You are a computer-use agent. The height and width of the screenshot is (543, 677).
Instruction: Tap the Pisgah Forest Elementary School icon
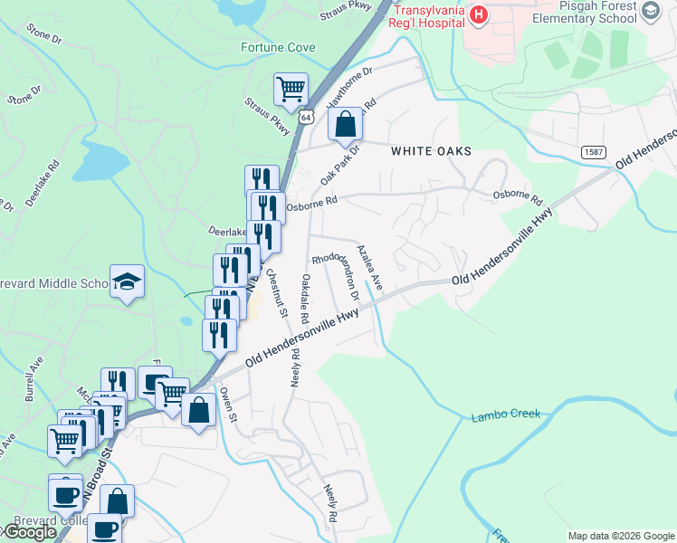[650, 11]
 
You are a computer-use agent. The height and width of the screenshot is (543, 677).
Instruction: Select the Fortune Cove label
[278, 47]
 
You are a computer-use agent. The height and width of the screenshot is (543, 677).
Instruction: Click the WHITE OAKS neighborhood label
[431, 151]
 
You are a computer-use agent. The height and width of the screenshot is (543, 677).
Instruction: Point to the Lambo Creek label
[505, 415]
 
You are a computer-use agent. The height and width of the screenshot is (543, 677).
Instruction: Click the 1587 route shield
[594, 152]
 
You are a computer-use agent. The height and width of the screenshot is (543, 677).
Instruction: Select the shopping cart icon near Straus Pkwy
[291, 90]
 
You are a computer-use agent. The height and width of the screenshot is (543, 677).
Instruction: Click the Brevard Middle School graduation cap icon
[127, 281]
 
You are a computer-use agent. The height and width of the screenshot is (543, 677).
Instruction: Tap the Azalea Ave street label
[370, 268]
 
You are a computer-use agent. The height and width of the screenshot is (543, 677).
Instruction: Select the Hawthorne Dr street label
[350, 84]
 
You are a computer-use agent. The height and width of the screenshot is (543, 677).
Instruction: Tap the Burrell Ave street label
[34, 378]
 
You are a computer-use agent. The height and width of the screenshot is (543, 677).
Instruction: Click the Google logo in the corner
[29, 532]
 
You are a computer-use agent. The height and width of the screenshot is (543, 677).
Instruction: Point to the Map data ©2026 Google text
[620, 536]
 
